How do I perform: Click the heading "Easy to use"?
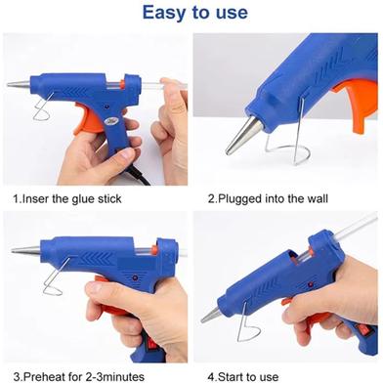pos(195,13)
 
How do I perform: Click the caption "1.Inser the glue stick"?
pos(67,198)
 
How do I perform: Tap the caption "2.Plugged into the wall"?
pos(268,198)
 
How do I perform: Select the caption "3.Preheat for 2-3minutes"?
pos(79,377)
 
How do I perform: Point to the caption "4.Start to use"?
pos(243,377)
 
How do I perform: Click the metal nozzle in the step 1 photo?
pos(19,84)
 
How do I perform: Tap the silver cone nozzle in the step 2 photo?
pos(242,135)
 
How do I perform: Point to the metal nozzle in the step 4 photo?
pos(211,315)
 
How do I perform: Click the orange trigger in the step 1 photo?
pos(85,119)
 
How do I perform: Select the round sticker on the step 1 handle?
pos(109,122)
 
